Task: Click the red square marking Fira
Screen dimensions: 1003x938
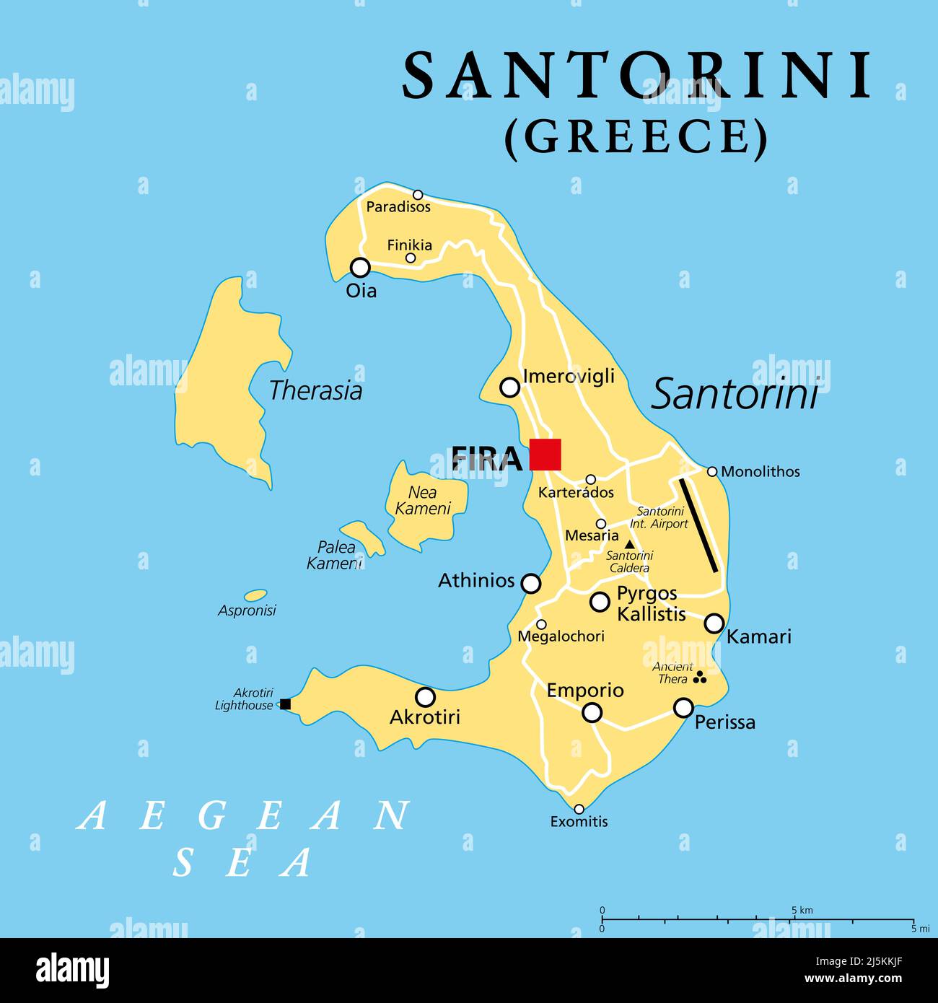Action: pyautogui.click(x=545, y=455)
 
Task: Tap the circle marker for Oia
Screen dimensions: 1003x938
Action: pyautogui.click(x=360, y=268)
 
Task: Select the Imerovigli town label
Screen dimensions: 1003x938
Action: pyautogui.click(x=569, y=376)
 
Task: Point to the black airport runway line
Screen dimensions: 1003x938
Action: pyautogui.click(x=698, y=525)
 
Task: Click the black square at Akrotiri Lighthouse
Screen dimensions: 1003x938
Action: pyautogui.click(x=285, y=704)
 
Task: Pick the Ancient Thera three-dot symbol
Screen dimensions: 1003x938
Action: pyautogui.click(x=699, y=678)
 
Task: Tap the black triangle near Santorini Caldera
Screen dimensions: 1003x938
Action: pyautogui.click(x=629, y=544)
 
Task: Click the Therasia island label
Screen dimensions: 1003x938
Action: pyautogui.click(x=315, y=390)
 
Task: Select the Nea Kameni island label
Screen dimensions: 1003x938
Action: pyautogui.click(x=424, y=500)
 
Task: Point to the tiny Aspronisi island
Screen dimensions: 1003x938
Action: pyautogui.click(x=255, y=595)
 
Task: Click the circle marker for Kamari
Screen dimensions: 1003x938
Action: pyautogui.click(x=714, y=623)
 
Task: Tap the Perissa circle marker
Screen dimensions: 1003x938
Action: pyautogui.click(x=683, y=708)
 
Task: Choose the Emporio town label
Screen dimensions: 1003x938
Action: pyautogui.click(x=584, y=690)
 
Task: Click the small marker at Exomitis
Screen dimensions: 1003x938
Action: pyautogui.click(x=579, y=809)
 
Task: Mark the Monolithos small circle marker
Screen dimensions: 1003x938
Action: pyautogui.click(x=712, y=471)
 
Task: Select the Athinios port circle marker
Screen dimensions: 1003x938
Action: pyautogui.click(x=530, y=583)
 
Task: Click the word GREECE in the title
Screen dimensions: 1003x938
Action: pyautogui.click(x=636, y=137)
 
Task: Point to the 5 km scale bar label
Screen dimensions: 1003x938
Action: pyautogui.click(x=801, y=910)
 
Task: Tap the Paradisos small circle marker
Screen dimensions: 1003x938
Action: pyautogui.click(x=418, y=195)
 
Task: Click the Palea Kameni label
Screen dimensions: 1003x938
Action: pyautogui.click(x=335, y=555)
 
